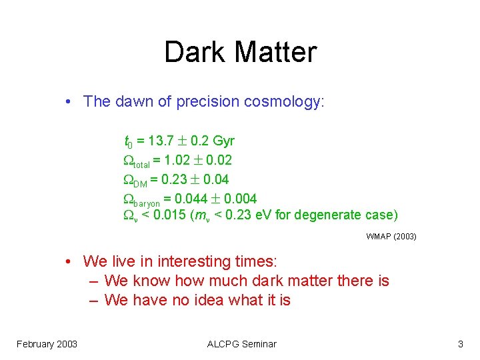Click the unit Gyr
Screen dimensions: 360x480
pyautogui.click(x=221, y=141)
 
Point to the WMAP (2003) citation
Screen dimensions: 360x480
pyautogui.click(x=391, y=236)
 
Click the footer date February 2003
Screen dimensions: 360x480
pyautogui.click(x=47, y=344)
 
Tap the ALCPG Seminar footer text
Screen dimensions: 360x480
pyautogui.click(x=241, y=344)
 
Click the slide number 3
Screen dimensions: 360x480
pyautogui.click(x=461, y=344)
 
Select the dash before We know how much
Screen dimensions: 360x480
pyautogui.click(x=94, y=281)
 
